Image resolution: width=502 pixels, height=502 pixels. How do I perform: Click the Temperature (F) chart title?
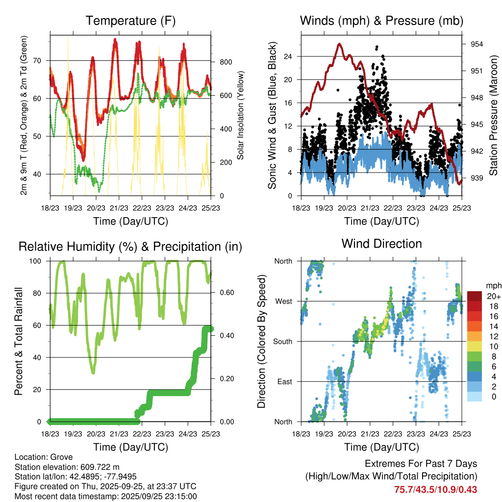[130, 21]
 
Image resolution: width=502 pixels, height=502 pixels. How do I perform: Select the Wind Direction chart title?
[381, 243]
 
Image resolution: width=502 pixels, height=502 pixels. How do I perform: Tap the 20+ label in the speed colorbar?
[493, 296]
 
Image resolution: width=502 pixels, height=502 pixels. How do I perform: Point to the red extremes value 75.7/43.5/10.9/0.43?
[436, 489]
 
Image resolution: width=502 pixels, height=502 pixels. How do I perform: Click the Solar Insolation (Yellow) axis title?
[241, 116]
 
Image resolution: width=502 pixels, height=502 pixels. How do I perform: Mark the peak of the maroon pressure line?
[339, 44]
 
